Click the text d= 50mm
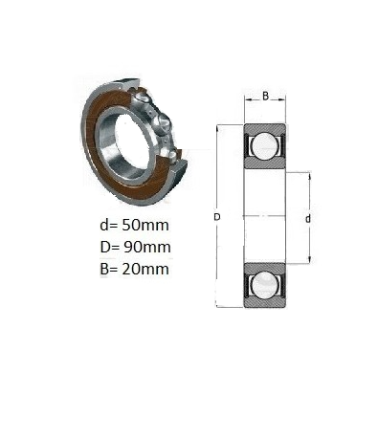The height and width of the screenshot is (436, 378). (x=134, y=225)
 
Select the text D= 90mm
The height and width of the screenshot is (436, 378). (x=135, y=247)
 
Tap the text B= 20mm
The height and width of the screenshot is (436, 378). (x=134, y=269)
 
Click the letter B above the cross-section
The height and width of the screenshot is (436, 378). (x=265, y=96)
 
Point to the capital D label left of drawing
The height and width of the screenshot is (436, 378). (x=217, y=217)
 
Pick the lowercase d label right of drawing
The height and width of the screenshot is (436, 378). (x=308, y=219)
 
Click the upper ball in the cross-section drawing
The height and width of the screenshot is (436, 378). (x=264, y=145)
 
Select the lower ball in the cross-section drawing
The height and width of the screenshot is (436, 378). (x=264, y=285)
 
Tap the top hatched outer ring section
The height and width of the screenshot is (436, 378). (x=264, y=128)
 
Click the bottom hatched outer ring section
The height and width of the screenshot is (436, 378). (x=264, y=302)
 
